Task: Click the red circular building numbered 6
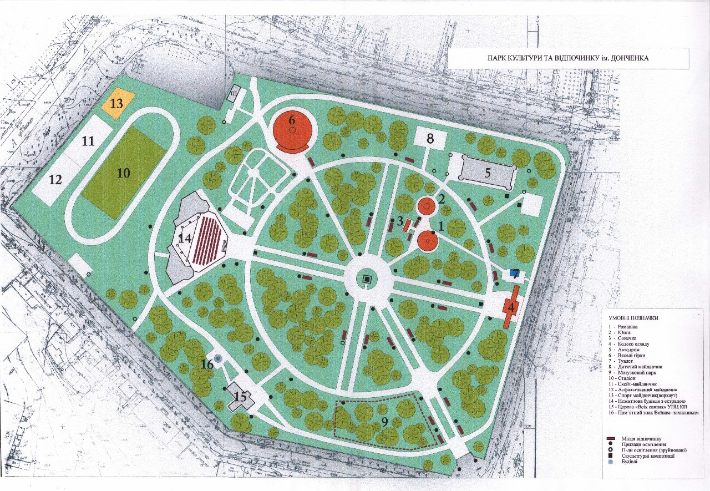(292, 131)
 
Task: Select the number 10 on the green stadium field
(123, 173)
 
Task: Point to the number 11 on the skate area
(88, 141)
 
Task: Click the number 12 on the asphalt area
(55, 179)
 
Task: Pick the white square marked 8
(430, 138)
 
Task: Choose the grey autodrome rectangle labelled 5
(487, 171)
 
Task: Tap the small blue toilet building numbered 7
(514, 273)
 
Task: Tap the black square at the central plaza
(367, 280)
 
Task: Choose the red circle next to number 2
(426, 206)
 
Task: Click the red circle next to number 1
(428, 241)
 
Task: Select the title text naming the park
(568, 58)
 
